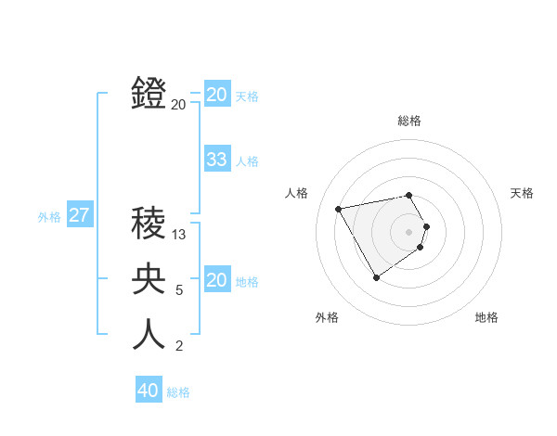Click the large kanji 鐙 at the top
click(149, 94)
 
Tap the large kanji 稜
click(149, 224)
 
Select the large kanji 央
click(149, 279)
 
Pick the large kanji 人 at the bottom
click(149, 335)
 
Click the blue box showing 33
click(216, 160)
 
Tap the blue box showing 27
click(80, 216)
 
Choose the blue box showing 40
click(149, 391)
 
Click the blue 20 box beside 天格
click(216, 95)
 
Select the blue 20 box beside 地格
click(216, 280)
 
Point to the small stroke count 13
click(179, 235)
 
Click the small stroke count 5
click(179, 290)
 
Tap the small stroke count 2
click(179, 346)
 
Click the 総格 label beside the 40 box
click(178, 392)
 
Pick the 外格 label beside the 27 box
click(49, 217)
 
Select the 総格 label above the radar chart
click(409, 121)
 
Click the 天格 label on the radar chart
click(523, 193)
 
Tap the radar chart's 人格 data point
click(339, 209)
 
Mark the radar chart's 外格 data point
click(376, 277)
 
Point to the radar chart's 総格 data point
click(409, 195)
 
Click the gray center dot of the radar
click(409, 231)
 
